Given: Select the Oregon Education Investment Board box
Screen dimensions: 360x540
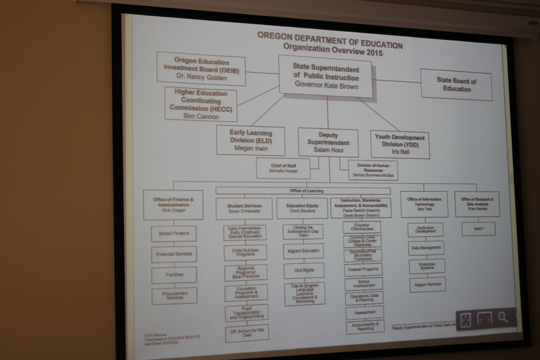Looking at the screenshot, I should [201, 69].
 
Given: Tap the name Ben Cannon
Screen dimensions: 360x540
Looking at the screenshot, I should [201, 116].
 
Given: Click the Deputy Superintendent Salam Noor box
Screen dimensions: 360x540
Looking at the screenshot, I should [328, 142].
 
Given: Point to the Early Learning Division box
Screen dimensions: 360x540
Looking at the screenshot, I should [251, 140].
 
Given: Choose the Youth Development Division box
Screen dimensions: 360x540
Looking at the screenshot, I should [400, 144].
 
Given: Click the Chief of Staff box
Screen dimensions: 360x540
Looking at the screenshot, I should [283, 168].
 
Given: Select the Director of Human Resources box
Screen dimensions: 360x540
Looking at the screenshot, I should [373, 170].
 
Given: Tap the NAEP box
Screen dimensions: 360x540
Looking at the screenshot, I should [478, 229].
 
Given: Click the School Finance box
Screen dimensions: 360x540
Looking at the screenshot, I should [173, 233].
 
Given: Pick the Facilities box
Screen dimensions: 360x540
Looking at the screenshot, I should [174, 275].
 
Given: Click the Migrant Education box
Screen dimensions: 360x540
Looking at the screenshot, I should [303, 251].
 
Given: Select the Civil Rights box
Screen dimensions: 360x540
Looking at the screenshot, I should [304, 270].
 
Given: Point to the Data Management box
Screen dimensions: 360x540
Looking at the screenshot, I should [426, 248].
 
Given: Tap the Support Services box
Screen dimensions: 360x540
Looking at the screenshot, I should [427, 284].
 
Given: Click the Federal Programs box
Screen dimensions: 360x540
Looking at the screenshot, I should [363, 270].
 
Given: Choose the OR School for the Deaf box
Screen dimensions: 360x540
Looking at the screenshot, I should [247, 333].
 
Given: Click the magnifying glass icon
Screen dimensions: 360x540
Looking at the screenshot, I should [503, 318].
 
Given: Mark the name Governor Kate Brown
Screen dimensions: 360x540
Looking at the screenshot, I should [326, 86].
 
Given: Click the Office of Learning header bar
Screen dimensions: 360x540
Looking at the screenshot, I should [307, 191].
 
